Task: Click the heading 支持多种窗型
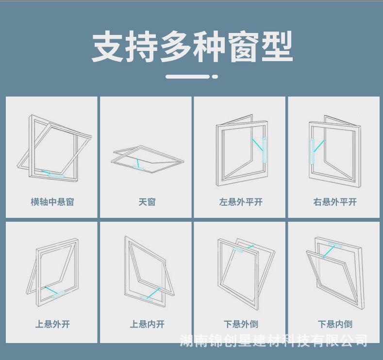click(192, 47)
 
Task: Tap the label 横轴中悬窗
click(52, 202)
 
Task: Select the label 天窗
click(147, 202)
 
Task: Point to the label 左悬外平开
click(240, 202)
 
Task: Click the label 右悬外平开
click(334, 202)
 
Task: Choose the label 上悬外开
click(52, 324)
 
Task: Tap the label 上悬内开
click(147, 324)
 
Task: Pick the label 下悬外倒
click(240, 324)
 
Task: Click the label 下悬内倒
click(334, 324)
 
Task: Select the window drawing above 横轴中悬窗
click(53, 148)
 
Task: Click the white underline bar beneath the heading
click(187, 77)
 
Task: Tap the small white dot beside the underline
click(215, 77)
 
